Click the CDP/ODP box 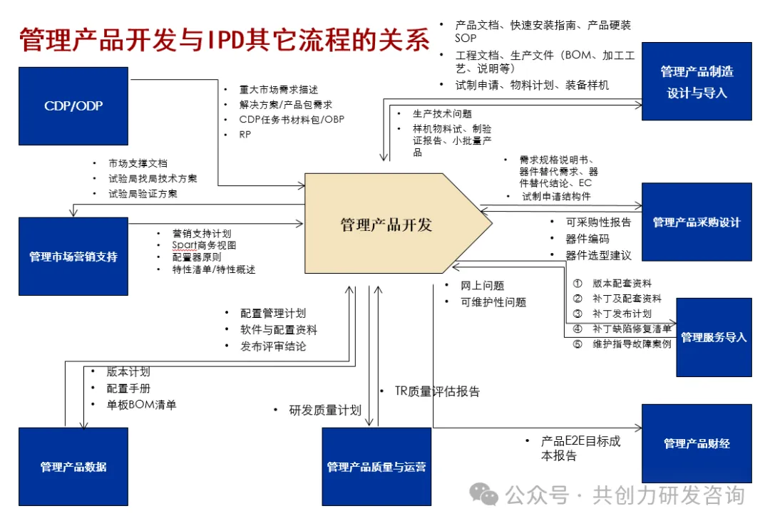(x=73, y=106)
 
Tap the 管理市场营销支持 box (x=73, y=257)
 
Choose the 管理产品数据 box (x=73, y=467)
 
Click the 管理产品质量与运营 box (x=376, y=467)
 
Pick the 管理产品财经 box (x=697, y=443)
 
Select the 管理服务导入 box (x=714, y=337)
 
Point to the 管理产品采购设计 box (x=697, y=222)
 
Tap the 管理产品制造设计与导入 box (x=697, y=81)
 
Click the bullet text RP (x=246, y=135)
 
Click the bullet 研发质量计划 (x=324, y=410)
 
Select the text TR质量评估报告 (x=438, y=391)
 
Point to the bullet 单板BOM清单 (x=141, y=405)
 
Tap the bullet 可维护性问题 (x=493, y=302)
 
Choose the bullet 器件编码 (x=587, y=239)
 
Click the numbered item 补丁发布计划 (x=622, y=314)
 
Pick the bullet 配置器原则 (x=197, y=257)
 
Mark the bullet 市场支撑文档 (x=138, y=163)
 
